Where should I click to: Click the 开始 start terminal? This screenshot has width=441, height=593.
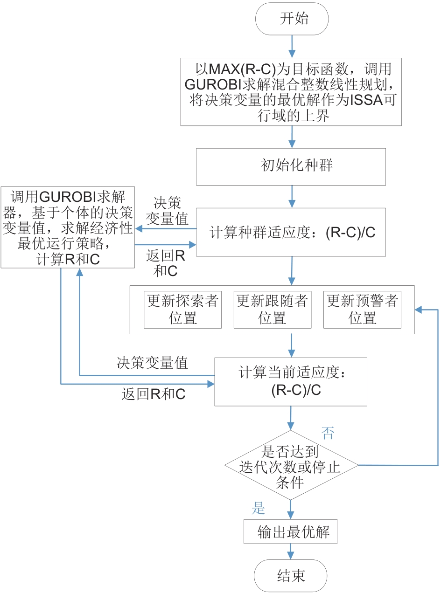pyautogui.click(x=292, y=19)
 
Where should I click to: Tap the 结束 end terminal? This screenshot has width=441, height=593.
pyautogui.click(x=291, y=576)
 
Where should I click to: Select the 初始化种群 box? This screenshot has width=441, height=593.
pyautogui.click(x=291, y=166)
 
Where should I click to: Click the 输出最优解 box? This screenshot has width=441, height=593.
pyautogui.click(x=290, y=532)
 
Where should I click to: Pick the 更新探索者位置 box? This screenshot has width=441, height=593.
pyautogui.click(x=183, y=310)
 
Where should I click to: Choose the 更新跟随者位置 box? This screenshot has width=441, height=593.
pyautogui.click(x=273, y=310)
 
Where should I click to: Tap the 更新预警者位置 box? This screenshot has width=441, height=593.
pyautogui.click(x=362, y=310)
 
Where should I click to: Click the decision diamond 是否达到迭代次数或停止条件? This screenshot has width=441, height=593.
pyautogui.click(x=291, y=466)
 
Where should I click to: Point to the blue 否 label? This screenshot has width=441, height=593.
pyautogui.click(x=328, y=434)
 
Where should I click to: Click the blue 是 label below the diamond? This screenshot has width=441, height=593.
pyautogui.click(x=259, y=508)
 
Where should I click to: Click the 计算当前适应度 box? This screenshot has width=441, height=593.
pyautogui.click(x=291, y=382)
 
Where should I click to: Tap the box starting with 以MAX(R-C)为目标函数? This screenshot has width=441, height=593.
pyautogui.click(x=291, y=92)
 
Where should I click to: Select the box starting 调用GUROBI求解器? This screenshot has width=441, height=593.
pyautogui.click(x=68, y=228)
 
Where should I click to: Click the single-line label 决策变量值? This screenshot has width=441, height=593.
pyautogui.click(x=152, y=363)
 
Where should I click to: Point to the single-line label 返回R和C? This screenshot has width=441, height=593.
pyautogui.click(x=153, y=394)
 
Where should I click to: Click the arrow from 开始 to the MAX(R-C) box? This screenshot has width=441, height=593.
pyautogui.click(x=292, y=46)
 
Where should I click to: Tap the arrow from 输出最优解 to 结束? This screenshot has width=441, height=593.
pyautogui.click(x=291, y=552)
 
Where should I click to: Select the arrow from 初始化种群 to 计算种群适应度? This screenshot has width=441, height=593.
pyautogui.click(x=292, y=196)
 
